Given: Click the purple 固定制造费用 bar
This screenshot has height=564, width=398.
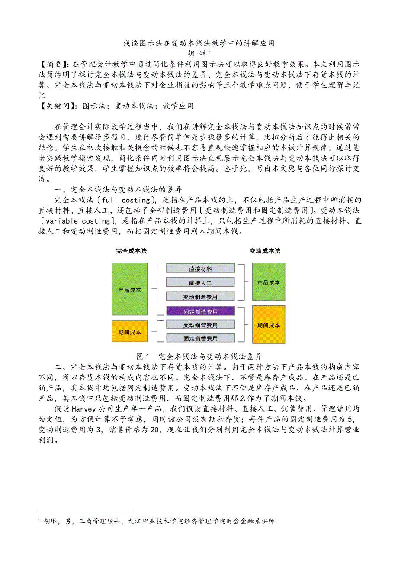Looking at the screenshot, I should (200, 311).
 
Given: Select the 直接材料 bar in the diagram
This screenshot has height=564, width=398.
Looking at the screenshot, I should (200, 269).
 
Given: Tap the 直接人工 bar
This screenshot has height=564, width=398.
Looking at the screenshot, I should (200, 282).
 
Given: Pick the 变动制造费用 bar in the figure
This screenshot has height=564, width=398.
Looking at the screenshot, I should (200, 297).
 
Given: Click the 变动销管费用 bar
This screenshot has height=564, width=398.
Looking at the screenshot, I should (200, 325).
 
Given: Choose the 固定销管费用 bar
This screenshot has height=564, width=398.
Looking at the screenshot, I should (200, 338).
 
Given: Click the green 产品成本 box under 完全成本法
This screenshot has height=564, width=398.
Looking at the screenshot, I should (129, 289).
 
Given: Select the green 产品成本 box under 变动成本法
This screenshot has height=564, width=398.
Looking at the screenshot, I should (269, 282).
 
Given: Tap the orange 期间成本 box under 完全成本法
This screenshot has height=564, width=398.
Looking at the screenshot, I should (129, 332).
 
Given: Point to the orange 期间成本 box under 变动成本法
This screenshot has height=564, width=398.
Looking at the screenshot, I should (269, 325).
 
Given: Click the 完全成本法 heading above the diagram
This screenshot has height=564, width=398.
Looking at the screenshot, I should (131, 251).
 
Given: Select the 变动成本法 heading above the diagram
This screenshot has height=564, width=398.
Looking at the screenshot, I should (265, 251).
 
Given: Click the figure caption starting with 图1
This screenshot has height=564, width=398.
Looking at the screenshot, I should (199, 357).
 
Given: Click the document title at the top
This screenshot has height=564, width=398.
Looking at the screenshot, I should (199, 43).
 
